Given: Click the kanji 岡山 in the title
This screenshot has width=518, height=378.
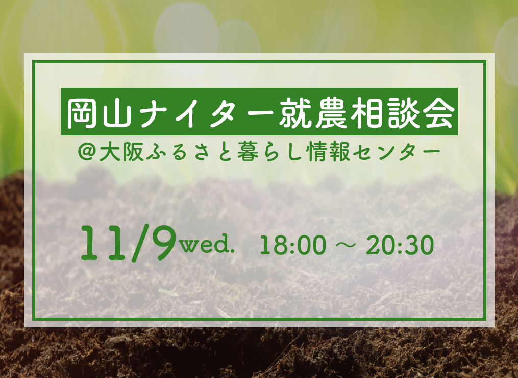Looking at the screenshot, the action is pos(100,112).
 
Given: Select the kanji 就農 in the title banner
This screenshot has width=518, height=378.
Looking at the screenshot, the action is pos(313,112).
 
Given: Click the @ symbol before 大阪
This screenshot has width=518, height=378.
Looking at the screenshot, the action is pos(87,152).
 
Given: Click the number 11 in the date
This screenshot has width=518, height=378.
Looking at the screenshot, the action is pos(104,244).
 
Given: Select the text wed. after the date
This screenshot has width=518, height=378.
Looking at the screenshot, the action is pos(207,244).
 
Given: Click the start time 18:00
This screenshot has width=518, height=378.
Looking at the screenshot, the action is pos(293,245).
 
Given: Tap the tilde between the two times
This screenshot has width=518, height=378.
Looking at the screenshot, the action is pos(346,245).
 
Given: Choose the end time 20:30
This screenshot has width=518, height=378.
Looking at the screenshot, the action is pos(400,245).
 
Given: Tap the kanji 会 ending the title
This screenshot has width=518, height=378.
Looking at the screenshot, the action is pos(438,112).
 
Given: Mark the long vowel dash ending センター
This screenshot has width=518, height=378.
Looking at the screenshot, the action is pos(431,152).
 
